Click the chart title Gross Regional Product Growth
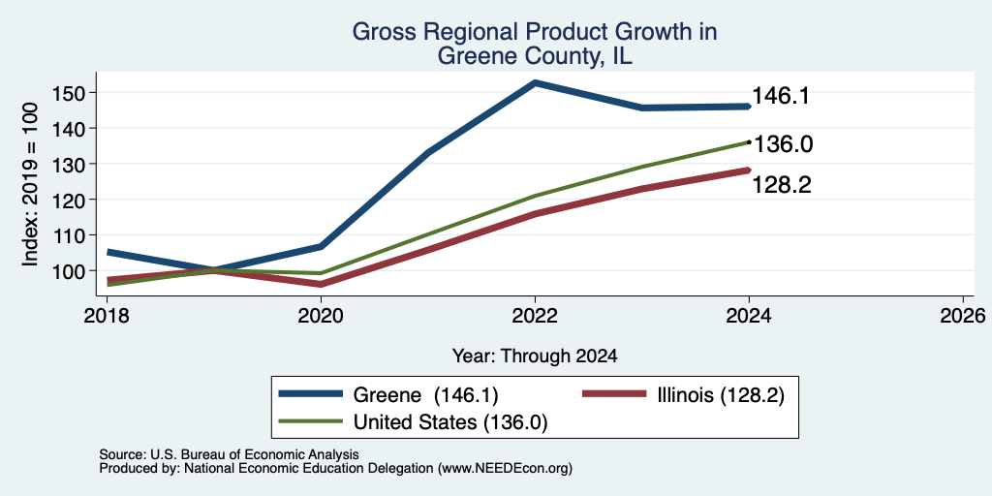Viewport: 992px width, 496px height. pyautogui.click(x=535, y=32)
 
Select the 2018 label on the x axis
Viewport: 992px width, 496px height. pyautogui.click(x=107, y=315)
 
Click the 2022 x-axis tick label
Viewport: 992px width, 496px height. pyautogui.click(x=535, y=315)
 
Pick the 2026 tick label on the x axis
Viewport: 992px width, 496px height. pyautogui.click(x=962, y=315)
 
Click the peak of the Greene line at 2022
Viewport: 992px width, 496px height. pyautogui.click(x=535, y=82)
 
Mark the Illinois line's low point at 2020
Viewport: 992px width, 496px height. pyautogui.click(x=321, y=284)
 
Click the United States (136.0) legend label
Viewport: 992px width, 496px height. pyautogui.click(x=449, y=422)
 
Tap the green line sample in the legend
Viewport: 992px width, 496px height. pyautogui.click(x=311, y=422)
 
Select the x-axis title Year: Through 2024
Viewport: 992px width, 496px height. pyautogui.click(x=535, y=356)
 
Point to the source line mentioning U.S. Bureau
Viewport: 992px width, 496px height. pyautogui.click(x=230, y=454)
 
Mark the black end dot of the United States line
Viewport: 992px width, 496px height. pyautogui.click(x=749, y=142)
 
